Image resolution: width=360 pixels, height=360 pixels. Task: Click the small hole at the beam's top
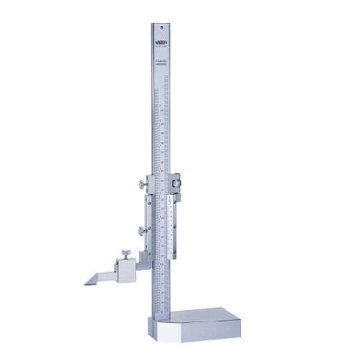click(x=160, y=27)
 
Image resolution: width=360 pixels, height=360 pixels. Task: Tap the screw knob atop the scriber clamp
click(x=127, y=253)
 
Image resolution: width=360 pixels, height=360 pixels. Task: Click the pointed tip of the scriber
click(x=86, y=284)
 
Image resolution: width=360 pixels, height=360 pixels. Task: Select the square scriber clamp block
click(x=126, y=270)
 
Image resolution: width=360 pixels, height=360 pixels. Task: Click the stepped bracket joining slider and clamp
click(x=143, y=258)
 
